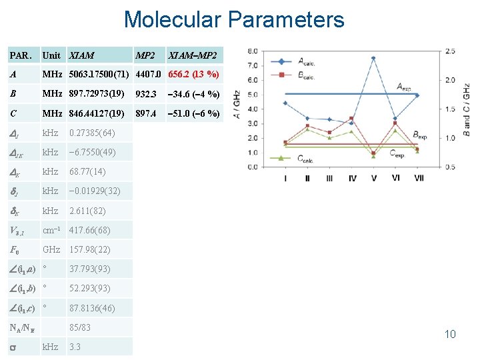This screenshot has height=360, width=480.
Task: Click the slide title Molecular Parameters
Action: tap(234, 19)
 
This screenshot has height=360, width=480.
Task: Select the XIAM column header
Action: tap(82, 55)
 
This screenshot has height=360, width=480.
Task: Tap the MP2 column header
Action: tap(145, 55)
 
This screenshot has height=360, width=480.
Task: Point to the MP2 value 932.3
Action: tap(145, 94)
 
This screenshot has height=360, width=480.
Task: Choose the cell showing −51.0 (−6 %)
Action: tap(194, 113)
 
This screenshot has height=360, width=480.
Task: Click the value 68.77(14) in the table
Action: tap(87, 172)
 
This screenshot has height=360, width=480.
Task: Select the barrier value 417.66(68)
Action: tap(90, 230)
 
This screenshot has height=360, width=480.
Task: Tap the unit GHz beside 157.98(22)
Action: tap(51, 249)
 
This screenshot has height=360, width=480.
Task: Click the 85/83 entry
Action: tap(80, 327)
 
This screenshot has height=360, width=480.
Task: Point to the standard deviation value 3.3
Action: tap(75, 347)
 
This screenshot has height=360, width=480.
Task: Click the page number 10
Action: tap(450, 334)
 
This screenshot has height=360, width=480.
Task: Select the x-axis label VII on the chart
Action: tap(419, 178)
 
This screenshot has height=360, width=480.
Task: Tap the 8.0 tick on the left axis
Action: tap(253, 51)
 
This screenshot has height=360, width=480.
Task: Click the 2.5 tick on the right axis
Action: tap(450, 51)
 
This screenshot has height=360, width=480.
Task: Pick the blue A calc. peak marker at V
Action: tap(373, 58)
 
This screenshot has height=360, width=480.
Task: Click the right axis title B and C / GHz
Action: tap(467, 107)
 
